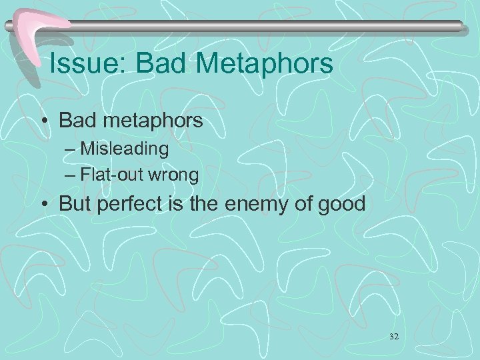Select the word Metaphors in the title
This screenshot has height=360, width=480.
(x=264, y=64)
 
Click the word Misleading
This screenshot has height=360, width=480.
(x=125, y=148)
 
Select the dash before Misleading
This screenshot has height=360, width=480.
(x=70, y=149)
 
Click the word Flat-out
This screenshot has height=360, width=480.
(x=107, y=175)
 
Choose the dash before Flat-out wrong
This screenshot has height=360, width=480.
(x=70, y=176)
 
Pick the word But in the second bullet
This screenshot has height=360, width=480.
(x=75, y=203)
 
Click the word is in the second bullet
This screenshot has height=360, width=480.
(x=175, y=203)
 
